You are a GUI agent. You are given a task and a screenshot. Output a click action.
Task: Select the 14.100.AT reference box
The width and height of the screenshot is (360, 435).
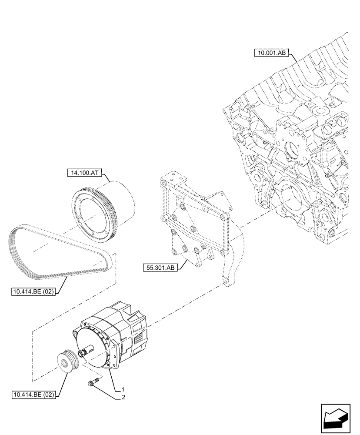(x=84, y=173)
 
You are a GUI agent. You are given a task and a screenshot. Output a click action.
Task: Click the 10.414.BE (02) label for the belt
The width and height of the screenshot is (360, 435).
(x=33, y=292)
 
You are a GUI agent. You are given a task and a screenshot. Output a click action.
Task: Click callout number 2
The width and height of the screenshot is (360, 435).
(x=123, y=398)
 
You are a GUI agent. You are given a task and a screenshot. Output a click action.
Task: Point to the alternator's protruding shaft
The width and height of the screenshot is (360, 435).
(x=85, y=351)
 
